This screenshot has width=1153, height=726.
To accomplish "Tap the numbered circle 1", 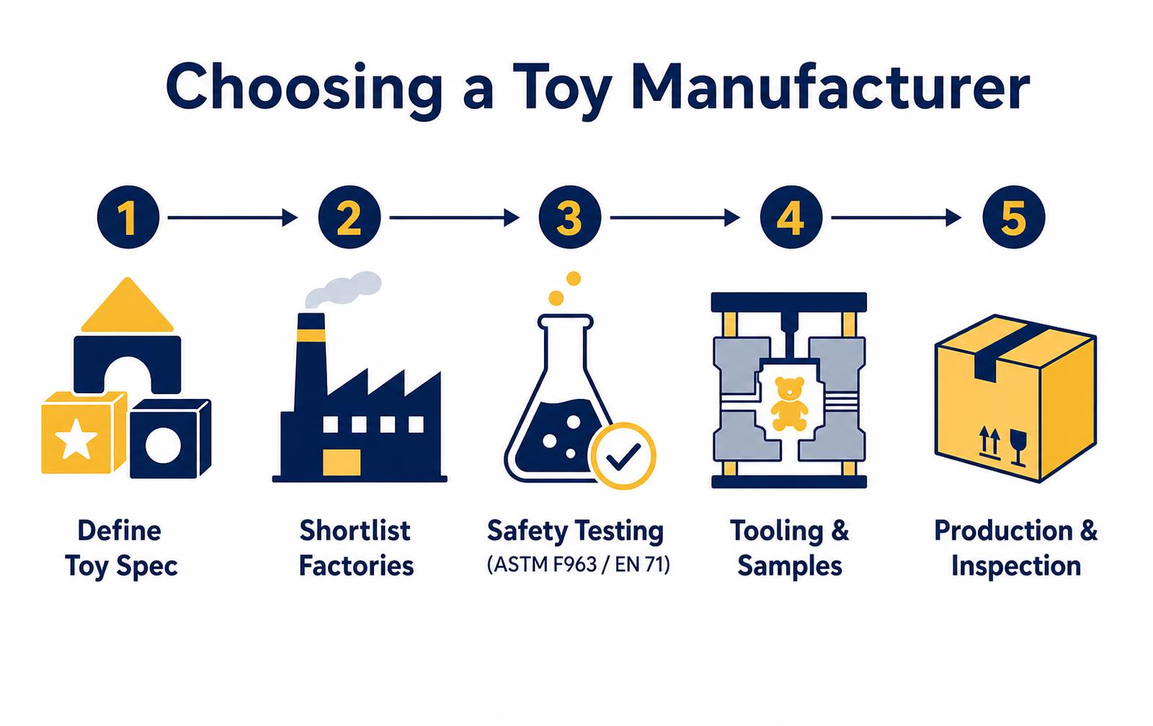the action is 128,217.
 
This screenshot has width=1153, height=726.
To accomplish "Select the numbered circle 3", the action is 570,217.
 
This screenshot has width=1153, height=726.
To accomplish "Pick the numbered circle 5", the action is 1013,217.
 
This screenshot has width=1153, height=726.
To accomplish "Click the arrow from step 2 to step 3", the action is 455,218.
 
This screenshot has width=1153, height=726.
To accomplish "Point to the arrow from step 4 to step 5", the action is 896,218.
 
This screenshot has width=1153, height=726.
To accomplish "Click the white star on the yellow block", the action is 76,439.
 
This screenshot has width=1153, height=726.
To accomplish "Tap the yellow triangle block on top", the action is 127,305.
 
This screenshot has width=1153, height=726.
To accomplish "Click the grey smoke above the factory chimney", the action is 343,289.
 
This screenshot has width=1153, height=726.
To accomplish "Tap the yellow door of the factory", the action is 342,462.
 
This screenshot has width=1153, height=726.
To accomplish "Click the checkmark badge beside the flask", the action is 623,455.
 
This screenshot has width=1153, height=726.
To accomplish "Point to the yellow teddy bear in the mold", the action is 789,404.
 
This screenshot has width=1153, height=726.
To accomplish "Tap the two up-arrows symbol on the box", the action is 989,443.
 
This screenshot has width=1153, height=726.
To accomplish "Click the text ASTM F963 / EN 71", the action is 579,565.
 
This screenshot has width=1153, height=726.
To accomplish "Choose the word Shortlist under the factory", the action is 355,531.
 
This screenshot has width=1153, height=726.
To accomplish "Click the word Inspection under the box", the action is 1015,567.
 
